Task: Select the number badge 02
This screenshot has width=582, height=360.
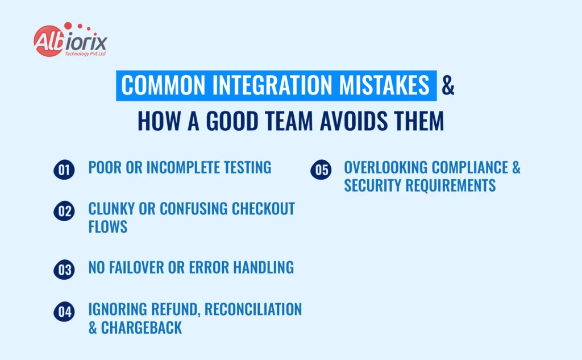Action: tap(64, 211)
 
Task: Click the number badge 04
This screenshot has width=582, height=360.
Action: tap(64, 312)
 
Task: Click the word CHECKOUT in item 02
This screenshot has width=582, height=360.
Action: tap(263, 209)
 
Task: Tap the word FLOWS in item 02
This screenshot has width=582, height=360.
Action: tap(107, 227)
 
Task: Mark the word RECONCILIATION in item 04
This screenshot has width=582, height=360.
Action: tap(253, 309)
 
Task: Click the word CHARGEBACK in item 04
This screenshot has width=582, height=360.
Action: tap(142, 328)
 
